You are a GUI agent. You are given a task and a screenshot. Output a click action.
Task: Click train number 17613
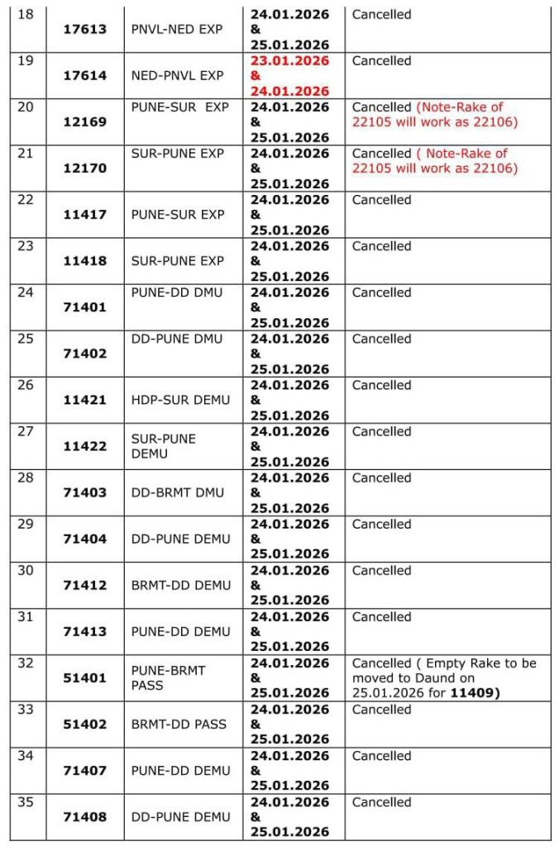coord(85,29)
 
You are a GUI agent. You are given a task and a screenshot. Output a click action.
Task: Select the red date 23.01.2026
coord(289,61)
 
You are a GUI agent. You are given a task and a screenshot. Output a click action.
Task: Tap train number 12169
coord(85,121)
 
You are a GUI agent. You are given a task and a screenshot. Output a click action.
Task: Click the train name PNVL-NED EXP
coord(177,29)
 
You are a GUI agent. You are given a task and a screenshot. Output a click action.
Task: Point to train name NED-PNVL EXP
coord(177,75)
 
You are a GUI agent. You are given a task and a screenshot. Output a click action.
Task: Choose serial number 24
coord(26,292)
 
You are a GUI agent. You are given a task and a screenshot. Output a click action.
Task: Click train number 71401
coord(85,307)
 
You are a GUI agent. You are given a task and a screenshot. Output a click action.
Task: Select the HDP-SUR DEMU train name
coord(180,400)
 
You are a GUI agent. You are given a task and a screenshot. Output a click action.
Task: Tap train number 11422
coord(85,446)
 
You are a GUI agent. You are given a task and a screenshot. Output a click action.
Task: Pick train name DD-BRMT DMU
coord(177,492)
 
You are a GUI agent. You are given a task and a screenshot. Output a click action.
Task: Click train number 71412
coord(85,585)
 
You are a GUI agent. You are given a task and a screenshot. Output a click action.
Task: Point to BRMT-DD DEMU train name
coord(180,585)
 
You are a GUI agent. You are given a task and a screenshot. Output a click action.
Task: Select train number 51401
coord(85,677)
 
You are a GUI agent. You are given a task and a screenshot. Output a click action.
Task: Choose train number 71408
coord(85,817)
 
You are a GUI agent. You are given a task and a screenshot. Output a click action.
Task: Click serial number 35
coord(26,802)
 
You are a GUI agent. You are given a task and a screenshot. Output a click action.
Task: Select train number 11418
coord(85,261)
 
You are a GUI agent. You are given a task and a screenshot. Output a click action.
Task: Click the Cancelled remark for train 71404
coord(381,524)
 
